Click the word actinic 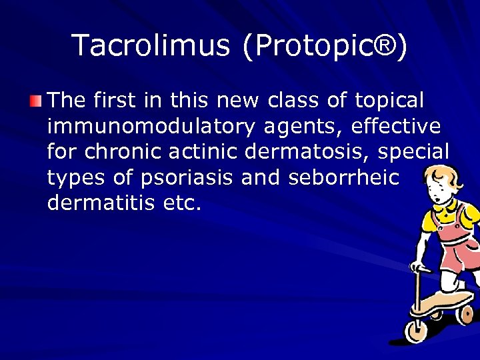pyautogui.click(x=204, y=151)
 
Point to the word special pyautogui.click(x=413, y=151)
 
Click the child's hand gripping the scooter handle pyautogui.click(x=419, y=268)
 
